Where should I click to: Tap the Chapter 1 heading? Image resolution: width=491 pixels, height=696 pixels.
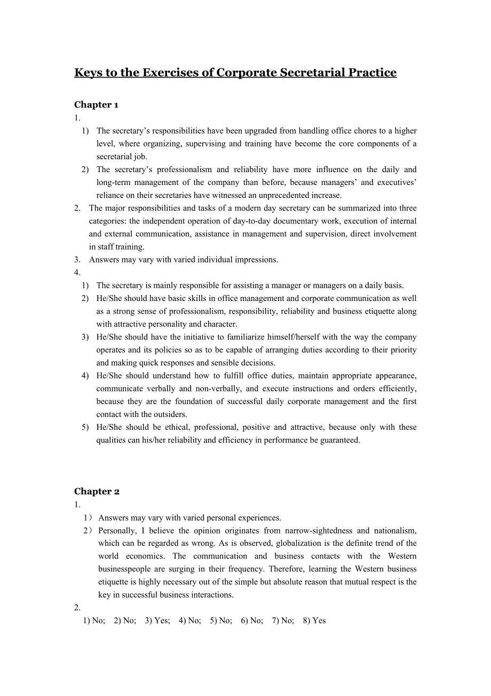(x=96, y=105)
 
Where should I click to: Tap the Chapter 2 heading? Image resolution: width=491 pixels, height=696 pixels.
(x=97, y=492)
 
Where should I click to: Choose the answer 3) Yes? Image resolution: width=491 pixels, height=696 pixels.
(x=157, y=621)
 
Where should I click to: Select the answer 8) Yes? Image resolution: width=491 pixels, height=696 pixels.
(x=314, y=621)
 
